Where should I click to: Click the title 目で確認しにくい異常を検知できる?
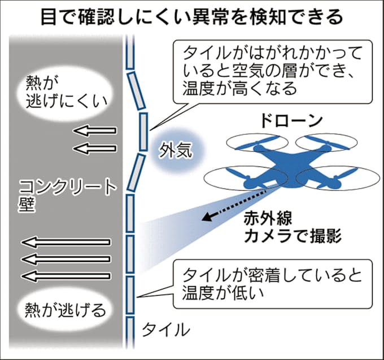(x=191, y=16)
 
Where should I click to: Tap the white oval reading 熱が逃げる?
(x=58, y=309)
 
